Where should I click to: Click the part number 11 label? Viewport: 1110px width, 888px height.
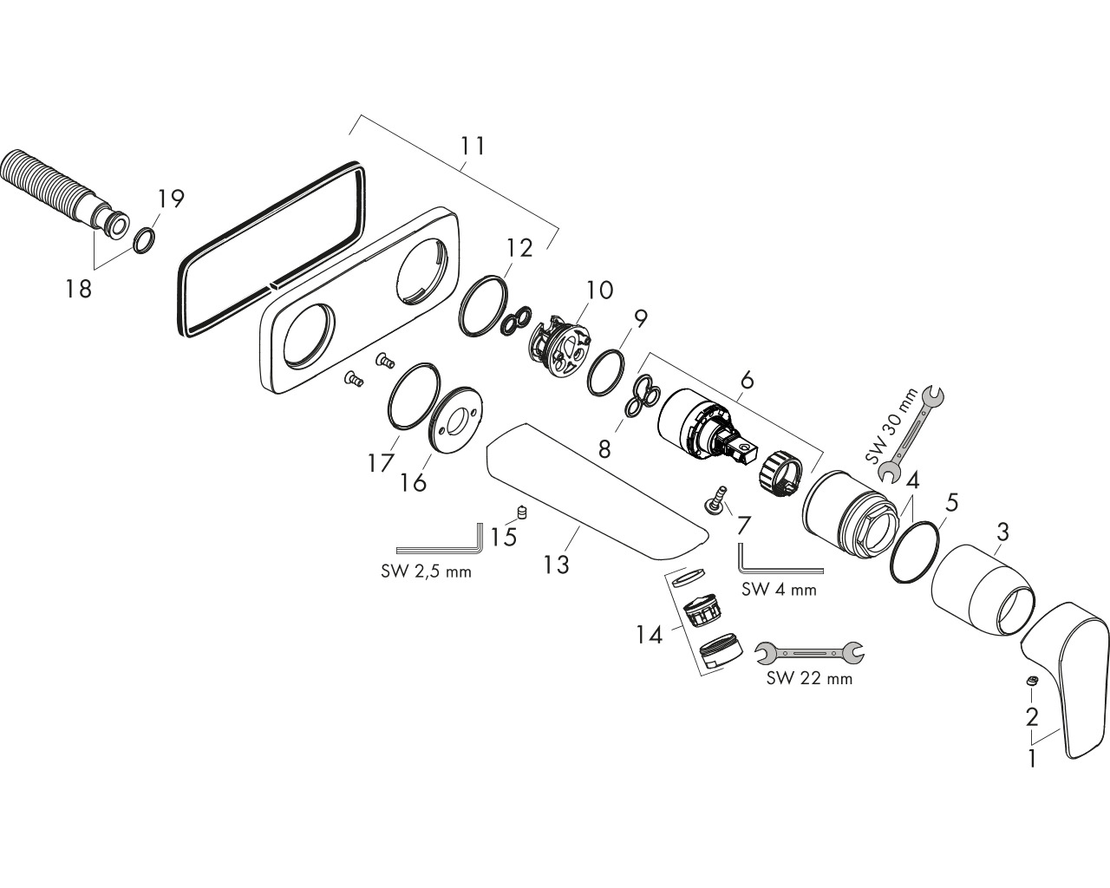tap(473, 146)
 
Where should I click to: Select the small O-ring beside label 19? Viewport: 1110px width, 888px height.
tap(144, 240)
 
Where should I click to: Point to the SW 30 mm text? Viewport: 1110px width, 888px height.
tap(891, 425)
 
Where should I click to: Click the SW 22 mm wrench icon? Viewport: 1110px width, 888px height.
tap(809, 653)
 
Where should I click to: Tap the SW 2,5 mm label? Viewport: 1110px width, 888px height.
tap(426, 571)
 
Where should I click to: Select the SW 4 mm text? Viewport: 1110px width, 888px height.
tap(779, 589)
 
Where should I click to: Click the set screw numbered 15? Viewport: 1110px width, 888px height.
tap(523, 513)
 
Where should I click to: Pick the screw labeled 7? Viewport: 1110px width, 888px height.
tap(715, 501)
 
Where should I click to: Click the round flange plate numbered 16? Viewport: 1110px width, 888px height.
tap(455, 420)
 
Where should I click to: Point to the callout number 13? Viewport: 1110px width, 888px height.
tap(556, 565)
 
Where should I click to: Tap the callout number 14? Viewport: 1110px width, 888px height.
tap(649, 635)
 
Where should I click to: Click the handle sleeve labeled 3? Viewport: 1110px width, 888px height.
tap(983, 590)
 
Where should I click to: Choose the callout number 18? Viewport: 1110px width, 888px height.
tap(78, 289)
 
